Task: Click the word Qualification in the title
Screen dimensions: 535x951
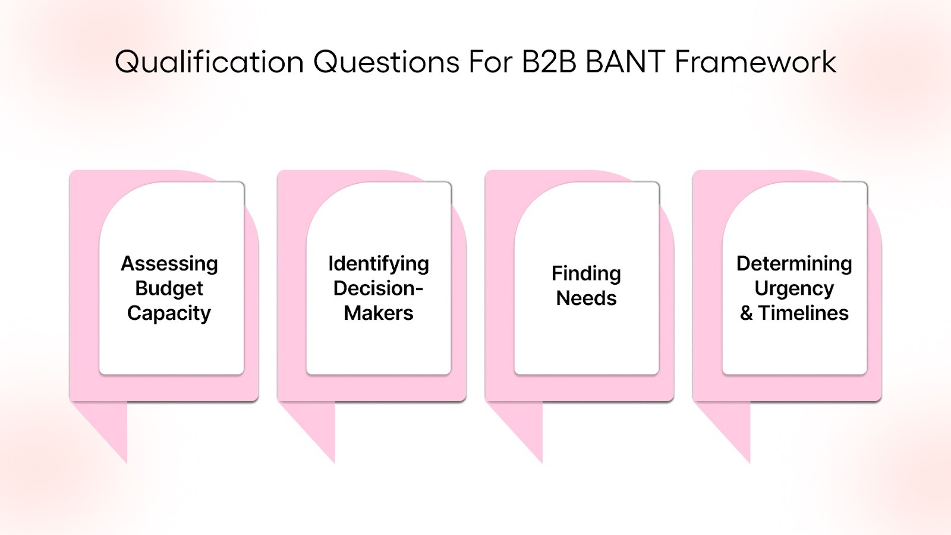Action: pos(209,62)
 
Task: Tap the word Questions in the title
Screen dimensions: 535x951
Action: pos(386,62)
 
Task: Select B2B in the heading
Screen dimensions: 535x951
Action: pos(549,62)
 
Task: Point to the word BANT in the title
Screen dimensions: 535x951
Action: pos(625,62)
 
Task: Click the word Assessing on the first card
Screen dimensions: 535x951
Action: pos(169,263)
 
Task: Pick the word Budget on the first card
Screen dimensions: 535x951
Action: pos(169,288)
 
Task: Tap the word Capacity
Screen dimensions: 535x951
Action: pos(169,313)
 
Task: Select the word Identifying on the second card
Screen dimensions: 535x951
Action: pos(379,263)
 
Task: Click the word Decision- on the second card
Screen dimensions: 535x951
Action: pos(379,288)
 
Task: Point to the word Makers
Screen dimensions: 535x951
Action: pos(379,313)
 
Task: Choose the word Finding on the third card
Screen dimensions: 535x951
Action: pos(586,273)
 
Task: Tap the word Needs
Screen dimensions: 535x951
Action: pos(586,298)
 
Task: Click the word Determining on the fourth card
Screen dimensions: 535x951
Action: pos(794,263)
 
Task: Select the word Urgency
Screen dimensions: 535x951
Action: pos(794,288)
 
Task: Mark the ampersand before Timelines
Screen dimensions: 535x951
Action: pos(747,313)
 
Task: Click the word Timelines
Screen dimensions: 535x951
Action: pos(804,313)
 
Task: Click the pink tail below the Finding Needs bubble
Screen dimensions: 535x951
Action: pos(527,425)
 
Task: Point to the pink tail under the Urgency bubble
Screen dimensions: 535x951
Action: pos(734,425)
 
